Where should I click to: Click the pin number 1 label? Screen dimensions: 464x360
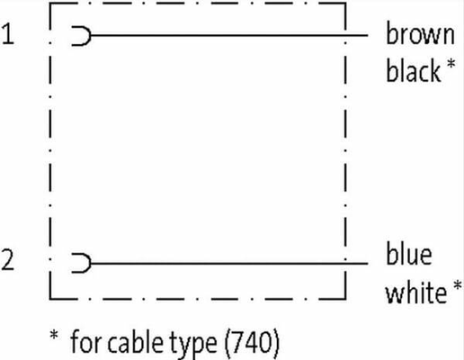click(8, 34)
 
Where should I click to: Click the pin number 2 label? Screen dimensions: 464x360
click(8, 260)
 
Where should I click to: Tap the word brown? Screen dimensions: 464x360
click(420, 34)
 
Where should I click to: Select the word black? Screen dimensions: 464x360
click(414, 70)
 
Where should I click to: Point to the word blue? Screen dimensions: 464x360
click(409, 254)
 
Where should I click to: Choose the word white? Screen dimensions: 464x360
click(416, 291)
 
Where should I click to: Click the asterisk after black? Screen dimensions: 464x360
click(451, 64)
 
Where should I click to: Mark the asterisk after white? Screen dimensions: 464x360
click(458, 285)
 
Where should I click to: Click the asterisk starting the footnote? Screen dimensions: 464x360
click(54, 335)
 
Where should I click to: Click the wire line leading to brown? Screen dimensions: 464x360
click(229, 35)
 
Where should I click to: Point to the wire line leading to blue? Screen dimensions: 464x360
click(229, 263)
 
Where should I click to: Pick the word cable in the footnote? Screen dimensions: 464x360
click(135, 342)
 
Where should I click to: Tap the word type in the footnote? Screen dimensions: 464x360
click(193, 345)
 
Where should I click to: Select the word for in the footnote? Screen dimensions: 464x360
click(86, 341)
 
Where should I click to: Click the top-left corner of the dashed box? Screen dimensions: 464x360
click(50, 4)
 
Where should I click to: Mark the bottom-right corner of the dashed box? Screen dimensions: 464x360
click(345, 299)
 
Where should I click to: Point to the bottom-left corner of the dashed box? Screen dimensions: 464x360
click(50, 299)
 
